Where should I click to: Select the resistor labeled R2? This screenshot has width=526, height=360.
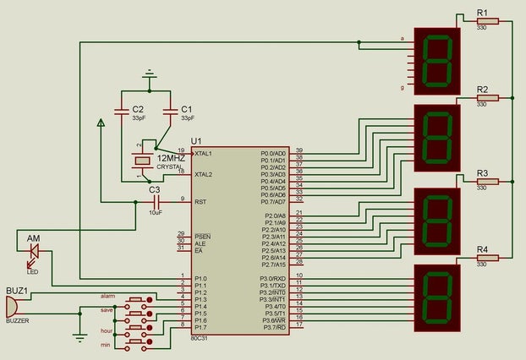point(486,98)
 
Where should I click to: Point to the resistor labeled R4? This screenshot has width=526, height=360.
point(486,258)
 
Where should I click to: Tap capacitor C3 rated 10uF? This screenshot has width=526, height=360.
point(155,201)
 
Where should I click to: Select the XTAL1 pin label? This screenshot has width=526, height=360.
point(204,154)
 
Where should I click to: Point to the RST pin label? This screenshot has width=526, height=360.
point(200,202)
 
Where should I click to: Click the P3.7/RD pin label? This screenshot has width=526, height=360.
point(274,327)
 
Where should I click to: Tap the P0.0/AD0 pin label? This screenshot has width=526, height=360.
point(273,154)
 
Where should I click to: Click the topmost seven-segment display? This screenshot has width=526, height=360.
point(436,62)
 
